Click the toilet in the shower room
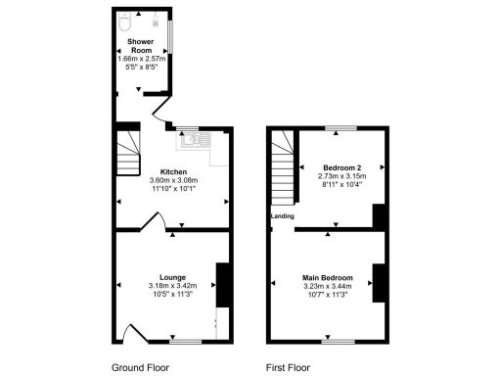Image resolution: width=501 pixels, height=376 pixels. pyautogui.click(x=125, y=19)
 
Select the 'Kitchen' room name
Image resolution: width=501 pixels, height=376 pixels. pyautogui.click(x=174, y=172)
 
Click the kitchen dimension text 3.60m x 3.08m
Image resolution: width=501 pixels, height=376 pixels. pyautogui.click(x=174, y=181)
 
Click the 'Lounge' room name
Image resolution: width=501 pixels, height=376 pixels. pyautogui.click(x=172, y=277)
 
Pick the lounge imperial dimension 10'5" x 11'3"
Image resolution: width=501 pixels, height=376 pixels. pyautogui.click(x=172, y=295)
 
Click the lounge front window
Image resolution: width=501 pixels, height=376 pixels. pyautogui.click(x=183, y=342)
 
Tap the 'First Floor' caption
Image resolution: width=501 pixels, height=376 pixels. pyautogui.click(x=288, y=368)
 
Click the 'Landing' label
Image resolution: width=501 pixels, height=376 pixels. pyautogui.click(x=283, y=216)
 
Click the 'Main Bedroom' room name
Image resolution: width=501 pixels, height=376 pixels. pyautogui.click(x=325, y=277)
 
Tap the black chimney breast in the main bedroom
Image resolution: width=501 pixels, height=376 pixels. pyautogui.click(x=378, y=282)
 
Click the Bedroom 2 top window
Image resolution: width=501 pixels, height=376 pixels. pyautogui.click(x=342, y=128)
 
